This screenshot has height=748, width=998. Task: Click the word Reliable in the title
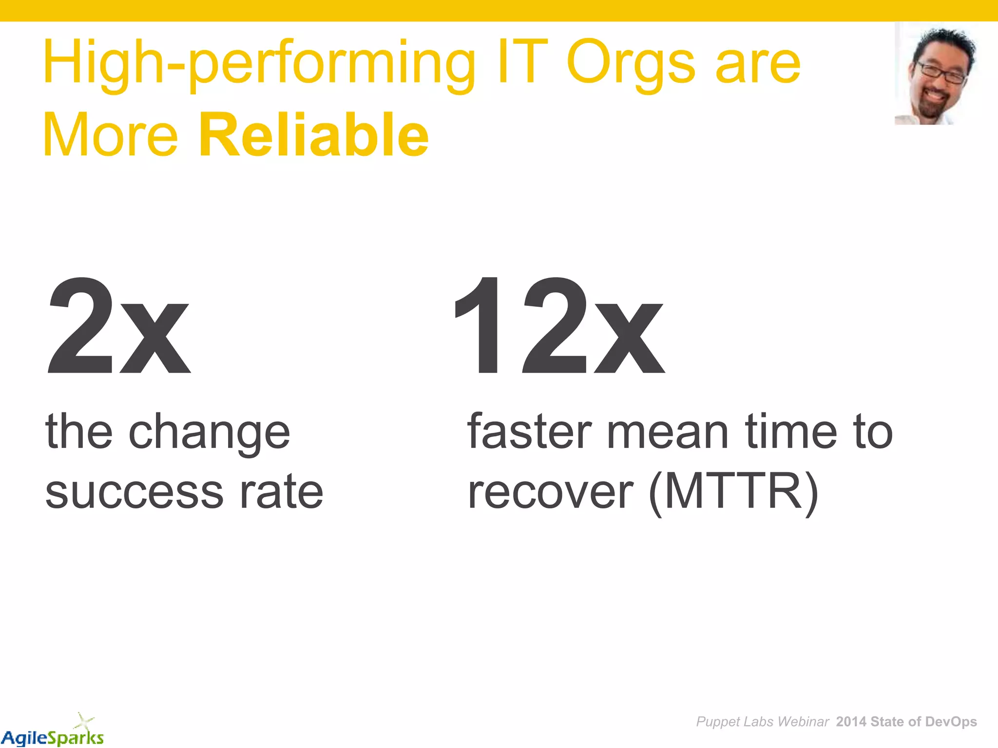point(314,135)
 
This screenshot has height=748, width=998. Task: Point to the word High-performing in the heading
point(259,63)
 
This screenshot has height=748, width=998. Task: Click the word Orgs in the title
point(631,63)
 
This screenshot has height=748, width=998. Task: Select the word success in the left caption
point(134,493)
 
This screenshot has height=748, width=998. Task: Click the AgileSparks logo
point(53,737)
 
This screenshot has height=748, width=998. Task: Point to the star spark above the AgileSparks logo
point(84,720)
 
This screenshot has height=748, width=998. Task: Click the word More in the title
point(111,135)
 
